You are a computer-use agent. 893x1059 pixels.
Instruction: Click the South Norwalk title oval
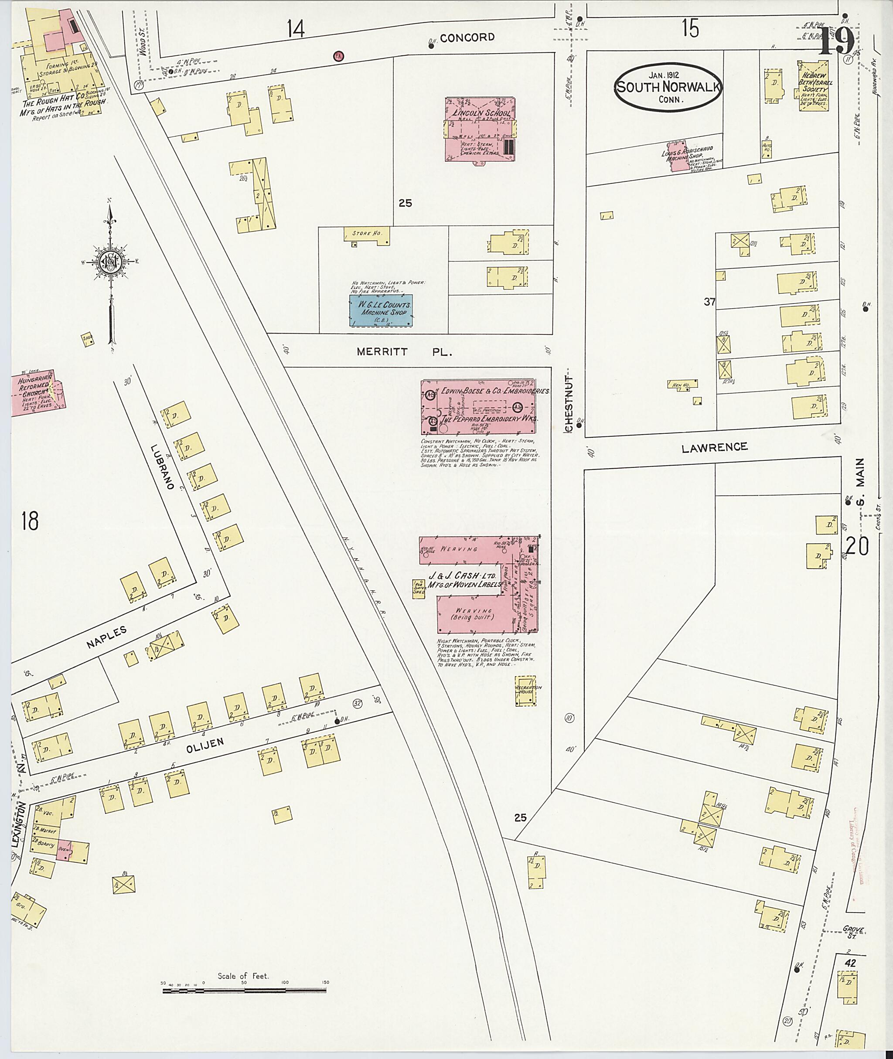[668, 88]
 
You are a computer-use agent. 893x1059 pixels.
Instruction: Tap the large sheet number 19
[836, 41]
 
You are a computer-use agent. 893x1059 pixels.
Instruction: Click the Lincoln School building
[479, 129]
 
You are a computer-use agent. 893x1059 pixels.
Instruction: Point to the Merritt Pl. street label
[404, 352]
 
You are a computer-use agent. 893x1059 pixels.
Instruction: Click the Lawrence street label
[714, 447]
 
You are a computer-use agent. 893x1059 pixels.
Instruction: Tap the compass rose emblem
[109, 262]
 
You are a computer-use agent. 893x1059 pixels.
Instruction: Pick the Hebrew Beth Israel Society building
[814, 85]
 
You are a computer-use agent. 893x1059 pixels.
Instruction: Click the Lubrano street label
[163, 467]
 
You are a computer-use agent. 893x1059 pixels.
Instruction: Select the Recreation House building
[525, 690]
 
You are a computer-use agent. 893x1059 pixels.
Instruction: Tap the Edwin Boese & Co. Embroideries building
[478, 406]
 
